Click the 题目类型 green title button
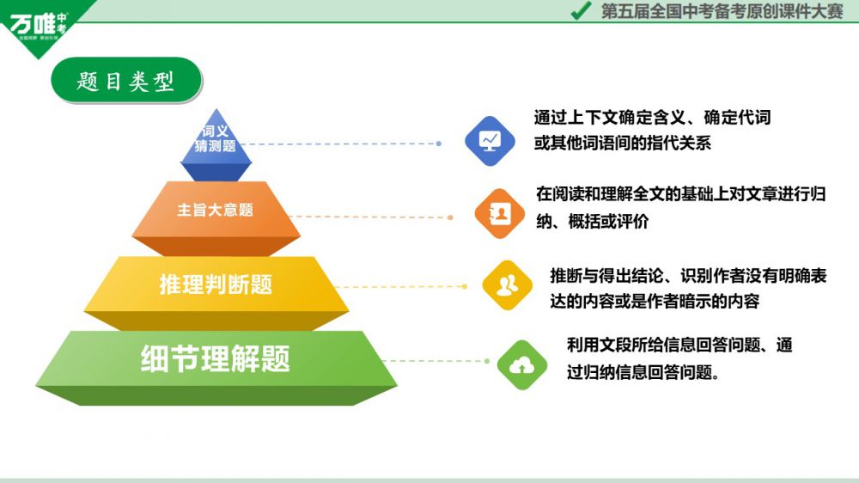coord(125,81)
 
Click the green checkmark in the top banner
coord(581,11)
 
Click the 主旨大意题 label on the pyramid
coord(215,210)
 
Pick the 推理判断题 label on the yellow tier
coord(216,284)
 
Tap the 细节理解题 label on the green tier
coord(216,358)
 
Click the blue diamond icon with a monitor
coord(490,140)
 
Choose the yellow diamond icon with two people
coord(508,284)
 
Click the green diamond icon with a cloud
coord(521,365)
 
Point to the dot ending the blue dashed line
coord(439,144)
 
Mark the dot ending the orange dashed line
coord(450,217)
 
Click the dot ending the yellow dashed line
coord(465,286)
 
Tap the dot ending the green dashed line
coord(487,361)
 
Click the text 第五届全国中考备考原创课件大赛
coord(722,11)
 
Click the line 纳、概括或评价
coord(593,221)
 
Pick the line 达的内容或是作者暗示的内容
coord(655,302)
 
